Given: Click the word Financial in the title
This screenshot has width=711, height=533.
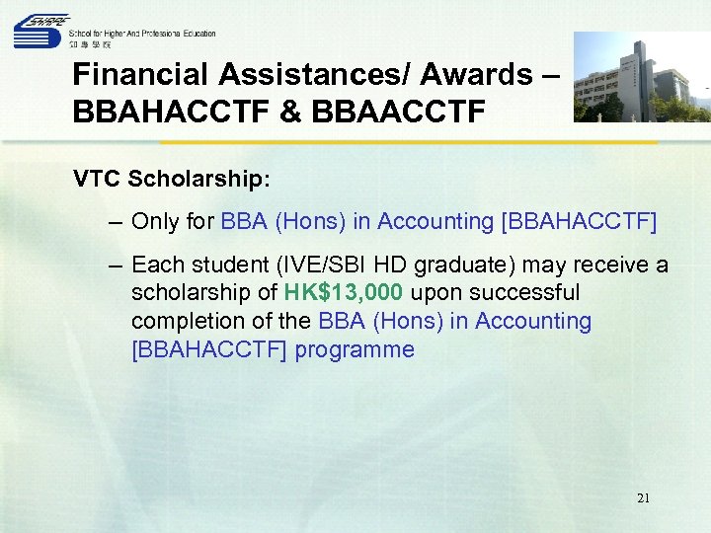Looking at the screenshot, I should [x=138, y=75].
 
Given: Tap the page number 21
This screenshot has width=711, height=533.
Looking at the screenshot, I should [x=644, y=498].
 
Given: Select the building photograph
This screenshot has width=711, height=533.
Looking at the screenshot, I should [x=642, y=77].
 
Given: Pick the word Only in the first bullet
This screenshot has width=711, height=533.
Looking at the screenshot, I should [x=155, y=222].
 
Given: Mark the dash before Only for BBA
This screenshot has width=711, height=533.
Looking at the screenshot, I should [x=117, y=222].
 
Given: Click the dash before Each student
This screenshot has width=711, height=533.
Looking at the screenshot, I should [x=117, y=266].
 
